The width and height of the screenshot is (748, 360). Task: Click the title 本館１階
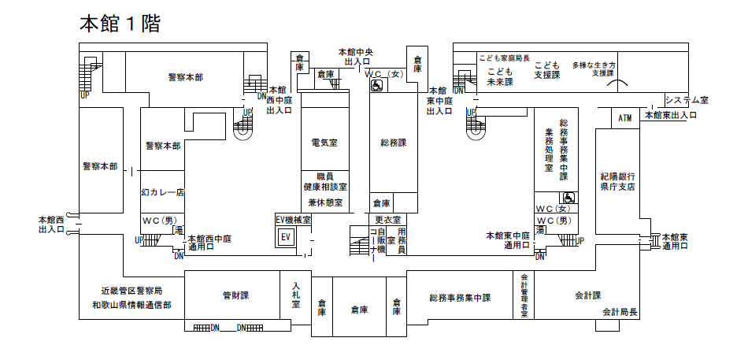click(x=120, y=24)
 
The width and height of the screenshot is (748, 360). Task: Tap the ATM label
click(x=625, y=119)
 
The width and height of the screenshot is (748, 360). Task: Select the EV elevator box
click(x=286, y=236)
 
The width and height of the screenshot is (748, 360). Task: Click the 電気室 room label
click(x=324, y=143)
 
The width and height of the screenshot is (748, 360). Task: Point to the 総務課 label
click(x=393, y=143)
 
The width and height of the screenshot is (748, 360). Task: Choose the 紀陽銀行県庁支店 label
click(x=618, y=182)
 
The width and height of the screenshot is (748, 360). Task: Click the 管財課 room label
click(x=235, y=296)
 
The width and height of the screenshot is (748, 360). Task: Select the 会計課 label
click(x=587, y=295)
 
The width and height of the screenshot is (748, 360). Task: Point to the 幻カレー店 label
click(x=162, y=191)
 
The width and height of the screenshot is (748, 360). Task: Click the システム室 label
click(x=687, y=100)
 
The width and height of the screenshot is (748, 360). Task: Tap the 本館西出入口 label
click(x=51, y=224)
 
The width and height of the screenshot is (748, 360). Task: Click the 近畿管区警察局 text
click(x=131, y=291)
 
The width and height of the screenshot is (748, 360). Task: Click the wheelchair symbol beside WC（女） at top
click(x=376, y=86)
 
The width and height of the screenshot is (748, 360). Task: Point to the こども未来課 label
click(x=499, y=76)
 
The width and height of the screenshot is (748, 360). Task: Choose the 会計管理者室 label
click(x=524, y=295)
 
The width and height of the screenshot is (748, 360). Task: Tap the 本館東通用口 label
click(x=675, y=242)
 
